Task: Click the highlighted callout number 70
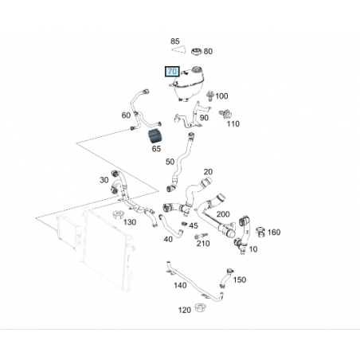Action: [172, 72]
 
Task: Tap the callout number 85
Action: [175, 41]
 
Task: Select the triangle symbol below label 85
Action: [178, 49]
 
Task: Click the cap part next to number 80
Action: [197, 51]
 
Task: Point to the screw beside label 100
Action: [210, 96]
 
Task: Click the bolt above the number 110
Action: [225, 114]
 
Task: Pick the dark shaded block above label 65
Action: [155, 136]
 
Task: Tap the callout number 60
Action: [126, 115]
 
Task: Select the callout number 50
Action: [170, 162]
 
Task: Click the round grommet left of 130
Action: [119, 214]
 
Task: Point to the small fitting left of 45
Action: [185, 224]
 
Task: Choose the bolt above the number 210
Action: [201, 236]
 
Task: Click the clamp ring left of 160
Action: [260, 232]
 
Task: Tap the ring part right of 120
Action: [201, 307]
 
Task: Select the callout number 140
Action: [180, 285]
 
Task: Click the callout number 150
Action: [240, 280]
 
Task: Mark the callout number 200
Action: [223, 214]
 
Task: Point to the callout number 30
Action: [104, 180]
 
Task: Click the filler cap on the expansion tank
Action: [197, 69]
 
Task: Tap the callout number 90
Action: [204, 118]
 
